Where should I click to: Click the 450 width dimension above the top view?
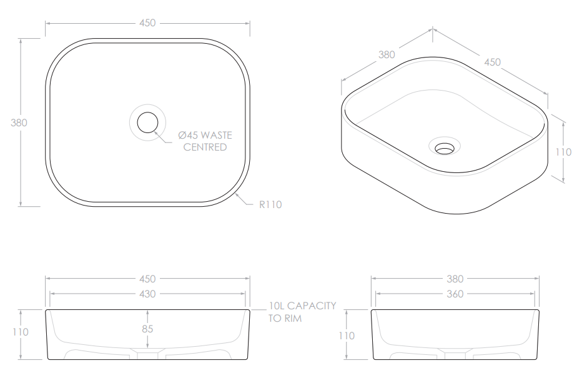point(147,23)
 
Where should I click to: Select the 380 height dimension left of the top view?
point(19,122)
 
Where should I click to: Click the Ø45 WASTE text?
point(205,135)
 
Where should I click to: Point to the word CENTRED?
point(205,147)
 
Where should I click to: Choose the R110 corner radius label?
point(270,204)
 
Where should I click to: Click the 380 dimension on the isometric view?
point(387,54)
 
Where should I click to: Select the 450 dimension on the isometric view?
point(492,62)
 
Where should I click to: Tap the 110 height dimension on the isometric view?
point(563,152)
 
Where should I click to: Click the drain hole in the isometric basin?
point(445,148)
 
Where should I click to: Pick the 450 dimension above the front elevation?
point(147,279)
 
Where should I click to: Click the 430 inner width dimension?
point(147,294)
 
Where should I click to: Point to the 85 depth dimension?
point(147,329)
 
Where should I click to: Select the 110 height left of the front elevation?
point(21,332)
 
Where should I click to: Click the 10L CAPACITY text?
point(302,306)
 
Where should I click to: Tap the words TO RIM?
point(285,318)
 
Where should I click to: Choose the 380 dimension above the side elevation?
point(455,279)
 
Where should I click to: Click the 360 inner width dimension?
point(455,294)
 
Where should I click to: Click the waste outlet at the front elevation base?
point(147,356)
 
